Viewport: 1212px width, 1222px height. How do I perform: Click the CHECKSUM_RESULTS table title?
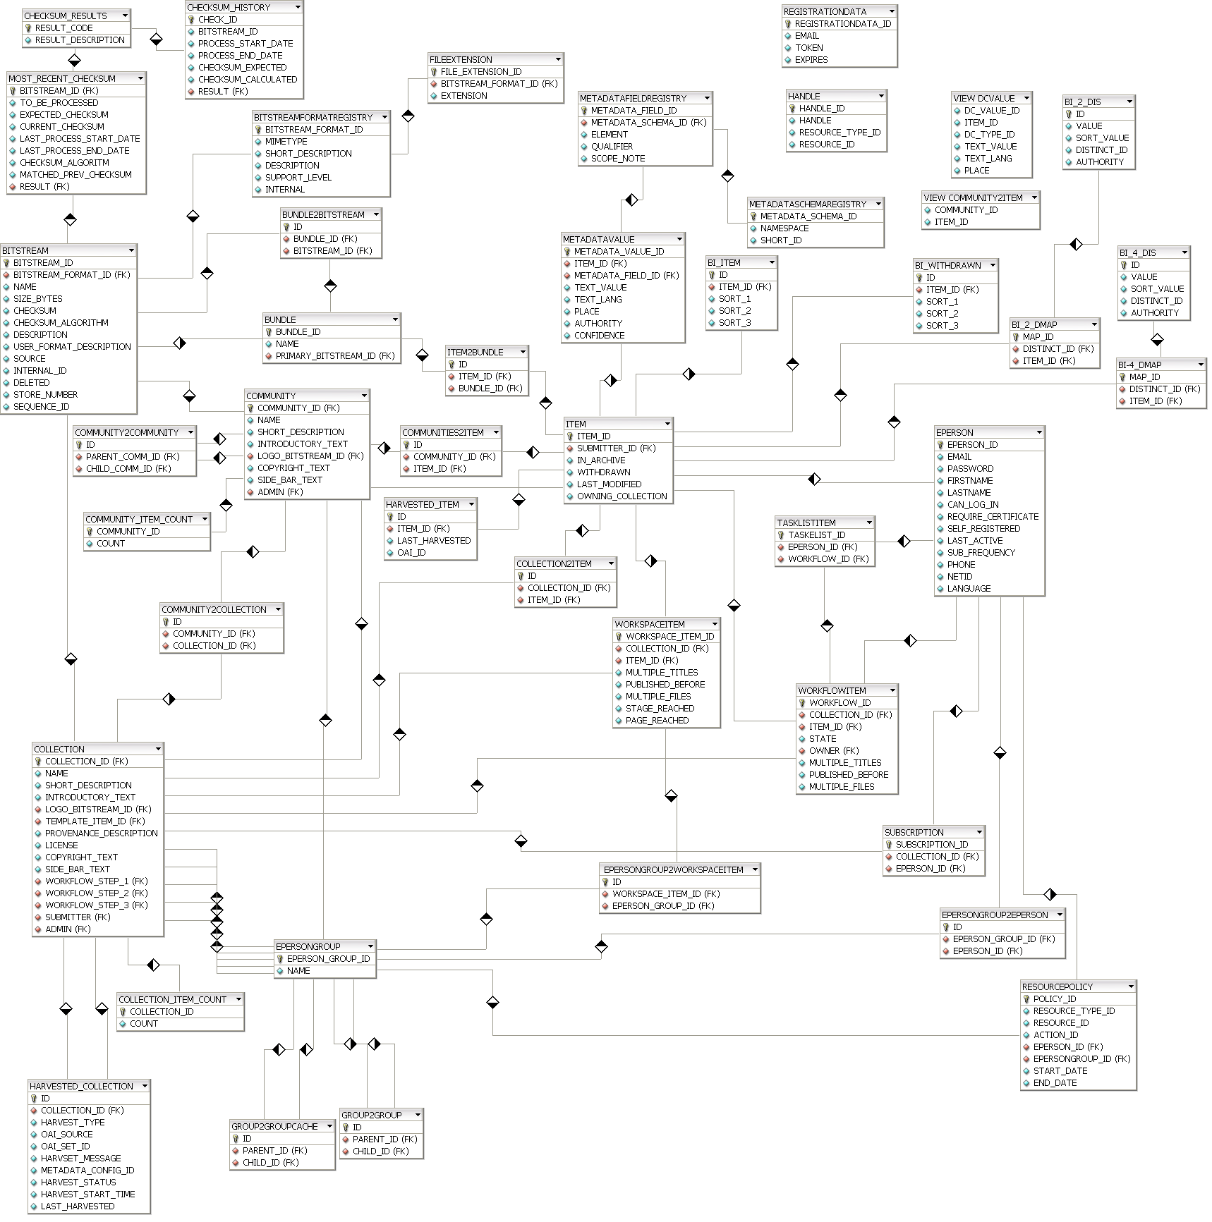pos(66,16)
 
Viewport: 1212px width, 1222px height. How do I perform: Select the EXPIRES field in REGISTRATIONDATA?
pos(811,60)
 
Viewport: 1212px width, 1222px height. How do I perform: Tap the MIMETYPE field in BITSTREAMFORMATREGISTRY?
pos(286,142)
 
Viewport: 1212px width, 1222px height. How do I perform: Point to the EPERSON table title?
pos(955,432)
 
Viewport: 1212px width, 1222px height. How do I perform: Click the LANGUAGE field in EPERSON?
pos(969,589)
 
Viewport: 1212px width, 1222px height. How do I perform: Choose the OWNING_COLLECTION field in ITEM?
pos(622,496)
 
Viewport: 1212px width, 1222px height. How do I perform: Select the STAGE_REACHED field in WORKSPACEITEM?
pos(660,709)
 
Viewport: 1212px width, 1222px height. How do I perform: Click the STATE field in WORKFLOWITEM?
pos(823,739)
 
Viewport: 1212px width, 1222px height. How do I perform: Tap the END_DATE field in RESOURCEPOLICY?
pos(1055,1083)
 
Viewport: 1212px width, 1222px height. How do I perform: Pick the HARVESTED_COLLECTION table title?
pos(81,1087)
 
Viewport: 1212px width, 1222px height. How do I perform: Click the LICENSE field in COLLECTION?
pos(61,845)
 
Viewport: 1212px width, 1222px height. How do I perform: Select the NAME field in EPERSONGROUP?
pos(298,971)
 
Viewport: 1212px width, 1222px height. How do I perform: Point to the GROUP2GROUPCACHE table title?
pos(274,1127)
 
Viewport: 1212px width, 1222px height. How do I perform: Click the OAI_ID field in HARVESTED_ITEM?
pos(411,553)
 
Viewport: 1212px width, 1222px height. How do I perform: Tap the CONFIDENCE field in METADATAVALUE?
pos(599,336)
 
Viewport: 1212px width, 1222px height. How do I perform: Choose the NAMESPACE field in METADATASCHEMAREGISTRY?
pos(784,228)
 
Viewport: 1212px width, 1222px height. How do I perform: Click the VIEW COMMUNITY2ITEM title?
pos(973,198)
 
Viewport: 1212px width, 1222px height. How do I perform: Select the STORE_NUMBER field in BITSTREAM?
pos(45,395)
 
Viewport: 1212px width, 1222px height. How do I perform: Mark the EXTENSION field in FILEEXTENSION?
pos(463,96)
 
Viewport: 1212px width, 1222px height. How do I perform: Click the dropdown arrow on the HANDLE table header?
pos(881,96)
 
